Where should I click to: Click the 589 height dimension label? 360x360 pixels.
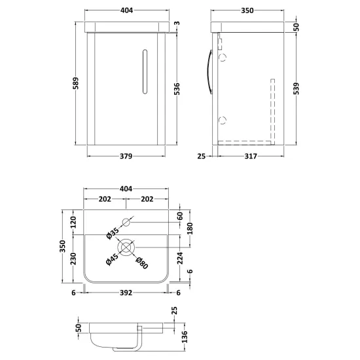pyautogui.click(x=76, y=83)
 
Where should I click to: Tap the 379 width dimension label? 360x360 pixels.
pyautogui.click(x=126, y=156)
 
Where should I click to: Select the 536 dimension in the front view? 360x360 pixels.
pyautogui.click(x=177, y=89)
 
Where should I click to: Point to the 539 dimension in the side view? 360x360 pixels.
pyautogui.click(x=296, y=88)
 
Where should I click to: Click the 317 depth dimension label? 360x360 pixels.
pyautogui.click(x=251, y=156)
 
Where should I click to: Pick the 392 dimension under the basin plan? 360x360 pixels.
pyautogui.click(x=126, y=293)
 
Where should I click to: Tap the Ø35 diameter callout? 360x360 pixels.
pyautogui.click(x=113, y=233)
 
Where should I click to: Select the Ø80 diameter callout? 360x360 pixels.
pyautogui.click(x=142, y=263)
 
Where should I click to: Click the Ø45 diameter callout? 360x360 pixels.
pyautogui.click(x=112, y=259)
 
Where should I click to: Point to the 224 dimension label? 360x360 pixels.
pyautogui.click(x=180, y=258)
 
